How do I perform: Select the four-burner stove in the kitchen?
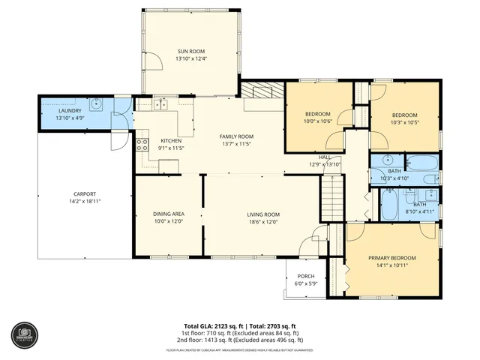coord(140,145)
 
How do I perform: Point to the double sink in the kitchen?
coord(160,106)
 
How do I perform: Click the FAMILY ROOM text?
coord(236,136)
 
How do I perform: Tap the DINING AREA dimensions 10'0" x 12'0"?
coord(169,222)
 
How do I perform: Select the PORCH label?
coord(306,276)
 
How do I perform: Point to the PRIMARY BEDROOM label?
coord(391,257)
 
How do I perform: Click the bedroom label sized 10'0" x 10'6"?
coord(317,114)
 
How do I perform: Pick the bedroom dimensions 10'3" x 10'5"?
coord(405,122)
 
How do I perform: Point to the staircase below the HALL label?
coord(331,199)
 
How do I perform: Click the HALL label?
coord(325,157)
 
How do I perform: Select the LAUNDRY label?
coord(70,111)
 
